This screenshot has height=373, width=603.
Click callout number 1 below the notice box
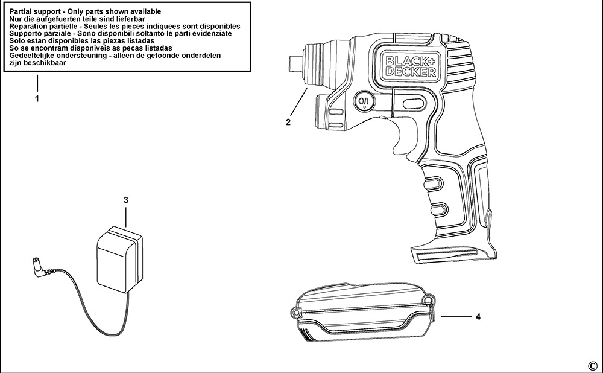tap(37, 98)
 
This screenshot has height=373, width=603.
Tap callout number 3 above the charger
tap(125, 200)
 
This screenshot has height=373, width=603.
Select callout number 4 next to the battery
tap(478, 316)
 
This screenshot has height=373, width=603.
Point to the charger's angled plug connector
tap(37, 266)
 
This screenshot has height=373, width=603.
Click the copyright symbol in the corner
tap(592, 365)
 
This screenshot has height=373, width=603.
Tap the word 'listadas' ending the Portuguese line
tap(155, 48)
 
